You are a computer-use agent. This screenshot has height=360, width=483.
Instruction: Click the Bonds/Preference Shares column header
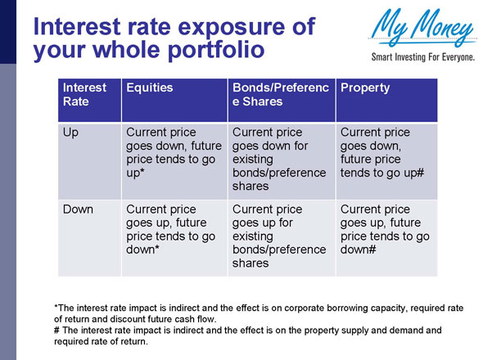tap(279, 94)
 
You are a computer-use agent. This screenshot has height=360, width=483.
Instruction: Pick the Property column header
tap(365, 87)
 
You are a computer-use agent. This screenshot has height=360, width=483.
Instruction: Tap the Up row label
tap(71, 133)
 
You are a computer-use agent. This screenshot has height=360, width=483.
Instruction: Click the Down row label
tap(78, 209)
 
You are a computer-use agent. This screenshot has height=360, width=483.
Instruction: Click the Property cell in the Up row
tap(381, 152)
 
